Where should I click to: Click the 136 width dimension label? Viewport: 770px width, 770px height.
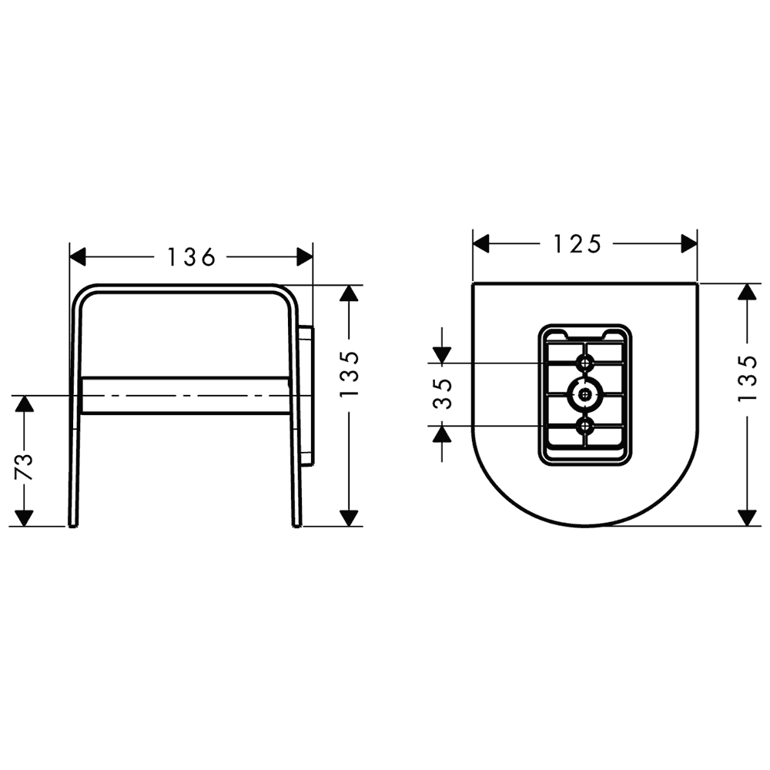tap(192, 257)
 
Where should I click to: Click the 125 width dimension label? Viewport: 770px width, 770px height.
tap(577, 243)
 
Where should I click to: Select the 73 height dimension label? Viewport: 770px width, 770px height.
tap(24, 467)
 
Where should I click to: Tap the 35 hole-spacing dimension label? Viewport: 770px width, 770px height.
tap(442, 393)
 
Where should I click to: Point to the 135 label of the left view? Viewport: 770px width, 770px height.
tap(350, 373)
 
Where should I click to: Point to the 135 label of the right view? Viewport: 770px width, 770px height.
tap(748, 378)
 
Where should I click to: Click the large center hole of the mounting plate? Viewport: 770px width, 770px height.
tap(585, 393)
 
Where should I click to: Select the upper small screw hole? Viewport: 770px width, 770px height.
tap(585, 363)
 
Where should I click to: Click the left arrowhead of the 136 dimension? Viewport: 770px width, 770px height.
tap(78, 257)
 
